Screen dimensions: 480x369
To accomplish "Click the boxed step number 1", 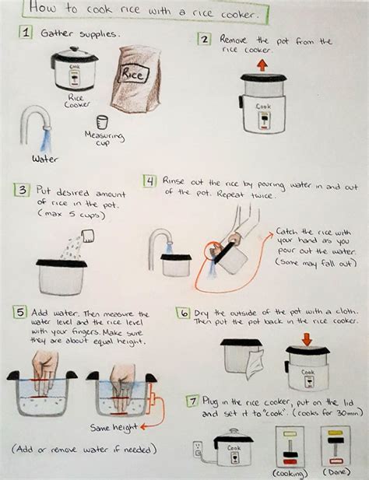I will [26, 34].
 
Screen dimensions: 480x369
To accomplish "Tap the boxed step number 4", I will [149, 181].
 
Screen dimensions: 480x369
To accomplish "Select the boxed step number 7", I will [191, 402].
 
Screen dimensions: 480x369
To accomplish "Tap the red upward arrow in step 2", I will [262, 65].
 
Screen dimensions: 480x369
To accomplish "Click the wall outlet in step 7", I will [197, 449].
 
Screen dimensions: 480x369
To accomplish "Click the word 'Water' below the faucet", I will [46, 159].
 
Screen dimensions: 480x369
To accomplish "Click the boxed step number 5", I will [19, 313].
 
